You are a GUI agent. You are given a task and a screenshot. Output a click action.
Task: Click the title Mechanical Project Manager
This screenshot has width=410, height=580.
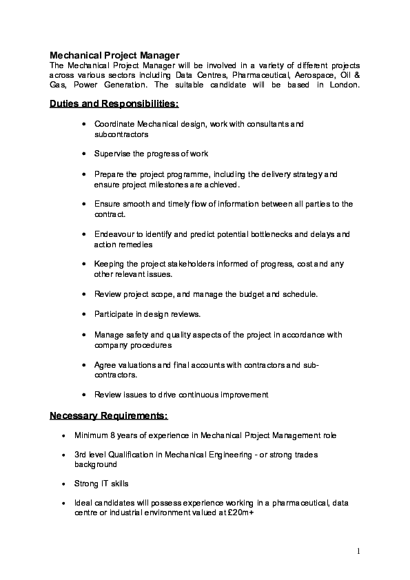tap(114, 54)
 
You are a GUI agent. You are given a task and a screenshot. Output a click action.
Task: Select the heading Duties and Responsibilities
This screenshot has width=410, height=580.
tap(114, 103)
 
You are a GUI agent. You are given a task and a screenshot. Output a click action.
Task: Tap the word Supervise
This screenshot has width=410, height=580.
tap(112, 153)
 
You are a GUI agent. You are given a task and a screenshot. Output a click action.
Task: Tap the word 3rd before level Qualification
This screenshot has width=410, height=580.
tap(81, 455)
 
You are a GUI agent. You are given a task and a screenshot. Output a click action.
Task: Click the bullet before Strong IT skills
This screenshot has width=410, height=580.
tap(64, 484)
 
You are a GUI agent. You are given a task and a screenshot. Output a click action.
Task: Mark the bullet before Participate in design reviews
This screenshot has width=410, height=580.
tap(83, 314)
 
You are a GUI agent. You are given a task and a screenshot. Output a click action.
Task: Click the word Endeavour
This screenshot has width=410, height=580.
tap(116, 234)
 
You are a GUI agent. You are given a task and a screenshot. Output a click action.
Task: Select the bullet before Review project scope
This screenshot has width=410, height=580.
tap(83, 294)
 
